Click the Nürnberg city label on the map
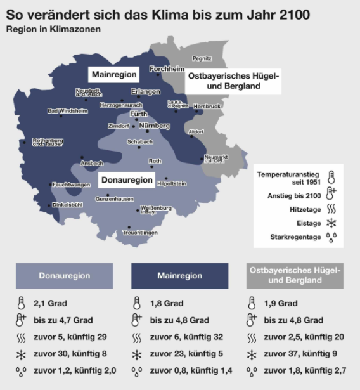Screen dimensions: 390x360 pos(154,126)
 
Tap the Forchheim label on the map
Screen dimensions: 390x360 pos(167,68)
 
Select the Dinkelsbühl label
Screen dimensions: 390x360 pos(68,205)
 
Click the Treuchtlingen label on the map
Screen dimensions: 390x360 pos(139,233)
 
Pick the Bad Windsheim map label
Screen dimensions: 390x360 pos(67,110)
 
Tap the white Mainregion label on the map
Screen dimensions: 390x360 pos(114,74)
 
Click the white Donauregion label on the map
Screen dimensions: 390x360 pos(127,180)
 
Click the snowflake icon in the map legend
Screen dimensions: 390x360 pos(331,223)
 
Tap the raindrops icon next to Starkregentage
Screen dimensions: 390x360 pos(331,237)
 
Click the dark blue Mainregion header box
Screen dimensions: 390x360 pos(179,276)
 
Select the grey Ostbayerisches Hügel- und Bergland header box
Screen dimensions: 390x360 pos(295,275)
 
